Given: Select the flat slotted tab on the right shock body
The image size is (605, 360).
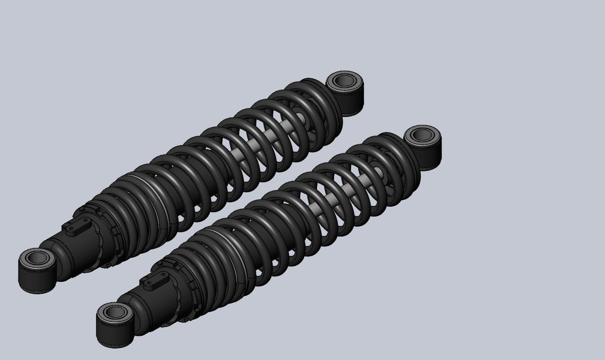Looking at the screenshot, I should [x=154, y=282].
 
